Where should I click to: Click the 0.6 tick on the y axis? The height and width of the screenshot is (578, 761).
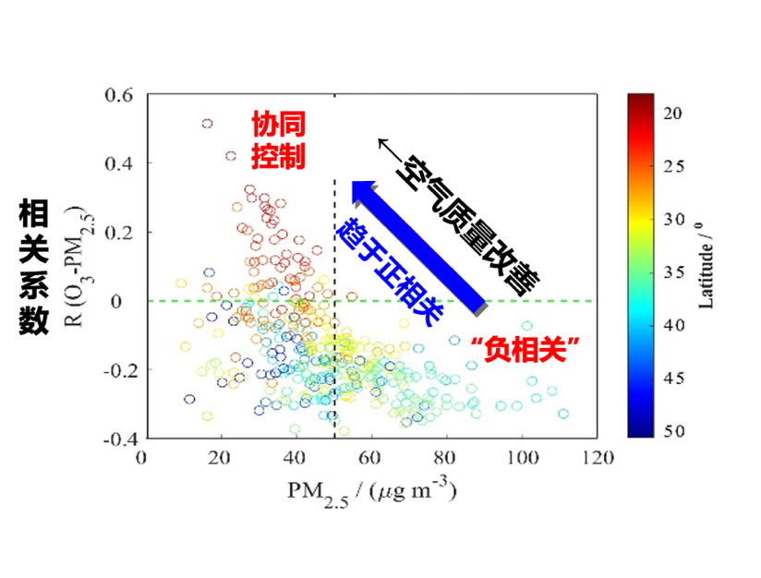[121, 95]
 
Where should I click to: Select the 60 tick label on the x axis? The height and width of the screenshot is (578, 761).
[370, 457]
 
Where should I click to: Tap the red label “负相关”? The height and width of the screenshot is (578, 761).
[524, 348]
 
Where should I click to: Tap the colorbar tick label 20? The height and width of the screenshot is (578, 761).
[671, 113]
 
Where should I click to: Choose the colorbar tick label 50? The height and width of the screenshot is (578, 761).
[671, 431]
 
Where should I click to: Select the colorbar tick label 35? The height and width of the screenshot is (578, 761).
[671, 272]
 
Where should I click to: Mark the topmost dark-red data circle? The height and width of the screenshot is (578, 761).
[208, 123]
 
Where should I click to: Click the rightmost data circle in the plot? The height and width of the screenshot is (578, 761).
[563, 414]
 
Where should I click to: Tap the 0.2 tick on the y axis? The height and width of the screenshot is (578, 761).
[121, 233]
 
